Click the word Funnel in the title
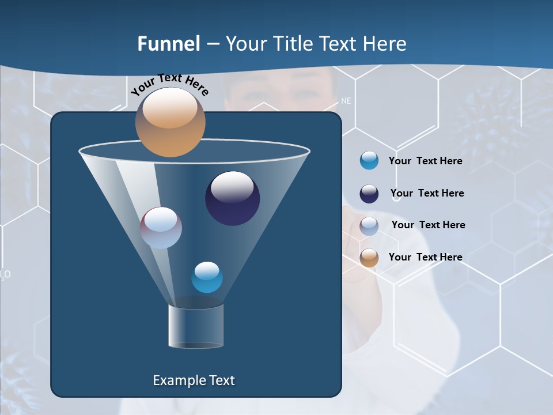168,44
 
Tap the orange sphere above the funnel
170,122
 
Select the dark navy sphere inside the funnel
232,198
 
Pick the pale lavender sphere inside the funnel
161,228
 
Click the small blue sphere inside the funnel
207,277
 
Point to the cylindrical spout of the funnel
196,326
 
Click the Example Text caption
194,380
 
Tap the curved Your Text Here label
169,84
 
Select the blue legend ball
369,161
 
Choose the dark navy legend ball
369,194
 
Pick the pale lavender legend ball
369,225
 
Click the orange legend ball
369,258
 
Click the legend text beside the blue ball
425,161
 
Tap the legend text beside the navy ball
427,193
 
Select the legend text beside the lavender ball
428,225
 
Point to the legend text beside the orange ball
425,257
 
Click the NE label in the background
346,101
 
